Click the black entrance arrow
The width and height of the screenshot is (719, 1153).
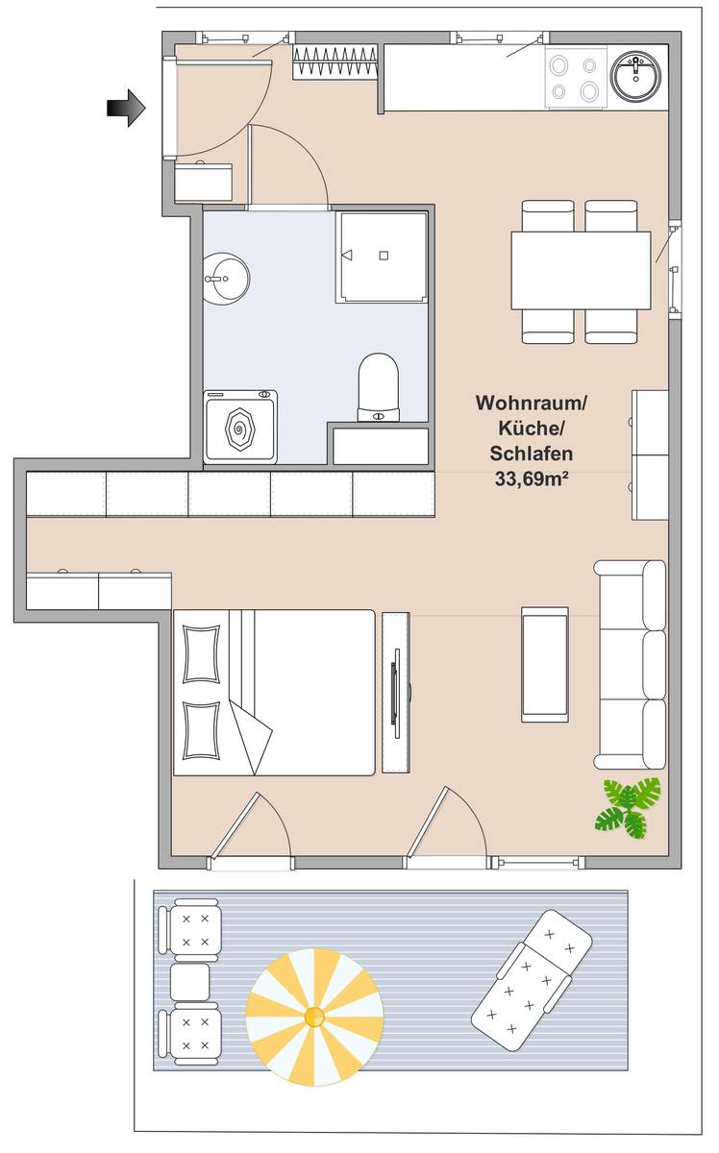[127, 108]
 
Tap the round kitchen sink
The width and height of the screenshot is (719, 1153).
[637, 78]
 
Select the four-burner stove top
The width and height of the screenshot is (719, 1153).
[576, 78]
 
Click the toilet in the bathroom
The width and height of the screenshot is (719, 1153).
[379, 387]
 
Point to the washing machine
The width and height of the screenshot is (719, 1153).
[240, 427]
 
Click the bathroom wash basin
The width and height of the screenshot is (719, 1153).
[226, 279]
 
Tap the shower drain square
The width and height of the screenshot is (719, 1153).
[384, 256]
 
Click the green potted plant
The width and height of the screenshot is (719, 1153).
[628, 806]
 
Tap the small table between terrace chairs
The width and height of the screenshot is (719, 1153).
[189, 981]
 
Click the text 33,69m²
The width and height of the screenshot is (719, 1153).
[532, 478]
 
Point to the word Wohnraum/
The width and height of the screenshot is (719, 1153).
[532, 403]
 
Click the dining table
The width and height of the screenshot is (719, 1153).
[581, 271]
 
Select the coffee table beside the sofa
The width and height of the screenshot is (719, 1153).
[545, 665]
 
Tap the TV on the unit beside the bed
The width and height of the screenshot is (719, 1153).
[396, 694]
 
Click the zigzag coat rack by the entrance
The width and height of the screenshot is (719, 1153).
[335, 61]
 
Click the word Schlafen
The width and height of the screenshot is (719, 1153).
[532, 454]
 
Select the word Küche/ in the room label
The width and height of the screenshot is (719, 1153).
[532, 429]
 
